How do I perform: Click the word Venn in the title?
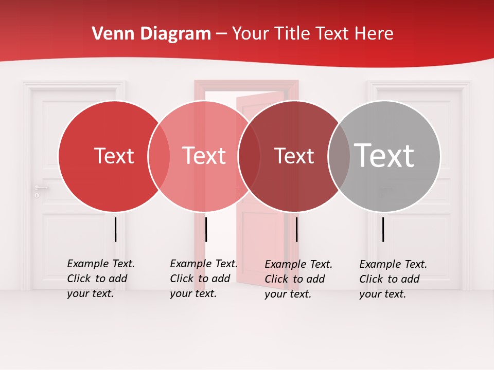tap(110, 34)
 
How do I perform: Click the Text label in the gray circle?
tap(384, 155)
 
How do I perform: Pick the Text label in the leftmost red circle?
tap(114, 156)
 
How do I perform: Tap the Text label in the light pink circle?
tap(204, 156)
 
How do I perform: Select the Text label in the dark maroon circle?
tap(294, 156)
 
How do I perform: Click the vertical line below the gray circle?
tap(383, 229)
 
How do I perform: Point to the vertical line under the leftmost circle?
tap(116, 229)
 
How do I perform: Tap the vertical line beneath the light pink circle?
tap(206, 229)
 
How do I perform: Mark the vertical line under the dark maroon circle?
tap(297, 229)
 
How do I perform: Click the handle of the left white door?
tap(40, 188)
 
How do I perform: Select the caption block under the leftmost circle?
tap(101, 279)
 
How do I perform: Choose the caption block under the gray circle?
tap(393, 279)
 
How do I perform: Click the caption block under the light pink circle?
tap(204, 279)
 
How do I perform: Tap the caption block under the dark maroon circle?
tap(298, 279)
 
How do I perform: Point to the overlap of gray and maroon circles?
tap(339, 156)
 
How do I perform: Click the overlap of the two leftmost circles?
tap(159, 156)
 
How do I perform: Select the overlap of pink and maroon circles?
tap(249, 156)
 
